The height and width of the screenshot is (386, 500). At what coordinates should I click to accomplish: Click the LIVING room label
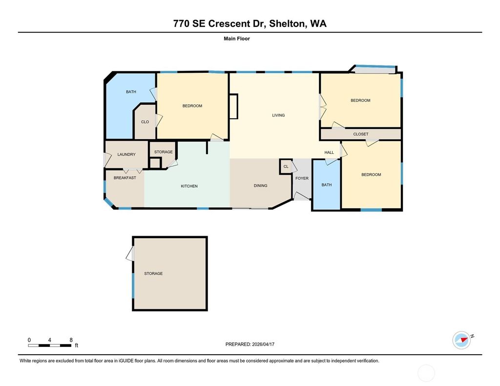(278, 116)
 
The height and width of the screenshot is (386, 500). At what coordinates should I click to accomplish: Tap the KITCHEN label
(189, 186)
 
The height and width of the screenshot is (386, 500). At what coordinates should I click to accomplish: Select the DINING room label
(260, 186)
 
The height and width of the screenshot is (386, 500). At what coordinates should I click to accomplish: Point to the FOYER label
(302, 179)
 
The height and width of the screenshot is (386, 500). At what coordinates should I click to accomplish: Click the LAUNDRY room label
(126, 155)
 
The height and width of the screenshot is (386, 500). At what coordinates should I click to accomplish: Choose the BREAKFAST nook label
(125, 178)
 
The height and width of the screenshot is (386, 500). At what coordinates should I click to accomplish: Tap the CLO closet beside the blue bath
(145, 122)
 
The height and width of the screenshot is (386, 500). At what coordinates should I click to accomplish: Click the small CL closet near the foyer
(286, 166)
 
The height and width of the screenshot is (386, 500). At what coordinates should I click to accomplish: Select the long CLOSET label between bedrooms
(360, 134)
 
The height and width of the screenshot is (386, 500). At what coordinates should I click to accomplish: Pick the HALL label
(329, 153)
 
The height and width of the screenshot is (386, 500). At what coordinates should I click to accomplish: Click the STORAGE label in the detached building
(153, 274)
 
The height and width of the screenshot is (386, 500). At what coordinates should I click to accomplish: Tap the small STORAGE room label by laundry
(163, 152)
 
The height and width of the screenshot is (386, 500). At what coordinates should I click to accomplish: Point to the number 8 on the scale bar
(71, 340)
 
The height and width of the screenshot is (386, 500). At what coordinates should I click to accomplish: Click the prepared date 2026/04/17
(264, 344)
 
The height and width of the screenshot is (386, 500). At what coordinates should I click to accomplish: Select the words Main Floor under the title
(236, 39)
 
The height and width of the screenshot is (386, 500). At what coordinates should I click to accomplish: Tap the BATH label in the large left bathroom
(131, 92)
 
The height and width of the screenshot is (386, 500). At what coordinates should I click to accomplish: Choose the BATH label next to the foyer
(326, 185)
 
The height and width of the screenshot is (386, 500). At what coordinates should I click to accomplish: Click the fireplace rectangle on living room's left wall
(233, 106)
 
